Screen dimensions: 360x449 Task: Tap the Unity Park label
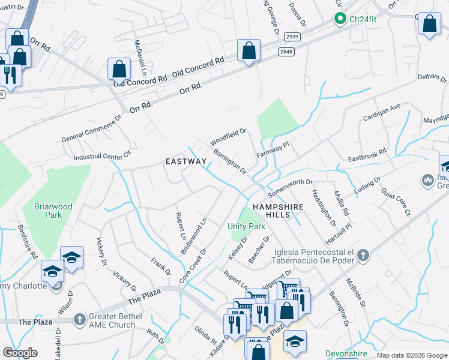(x=246, y=226)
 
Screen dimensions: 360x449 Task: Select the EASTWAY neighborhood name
(x=186, y=161)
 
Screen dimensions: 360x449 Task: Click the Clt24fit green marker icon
(x=340, y=19)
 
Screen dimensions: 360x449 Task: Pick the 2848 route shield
(x=287, y=52)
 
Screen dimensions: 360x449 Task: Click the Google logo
(x=20, y=352)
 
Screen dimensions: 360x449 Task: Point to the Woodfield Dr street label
(x=229, y=136)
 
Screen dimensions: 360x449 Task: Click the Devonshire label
(x=346, y=353)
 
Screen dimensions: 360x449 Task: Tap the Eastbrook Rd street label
(x=367, y=158)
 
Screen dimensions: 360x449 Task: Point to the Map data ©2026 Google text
(x=412, y=355)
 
